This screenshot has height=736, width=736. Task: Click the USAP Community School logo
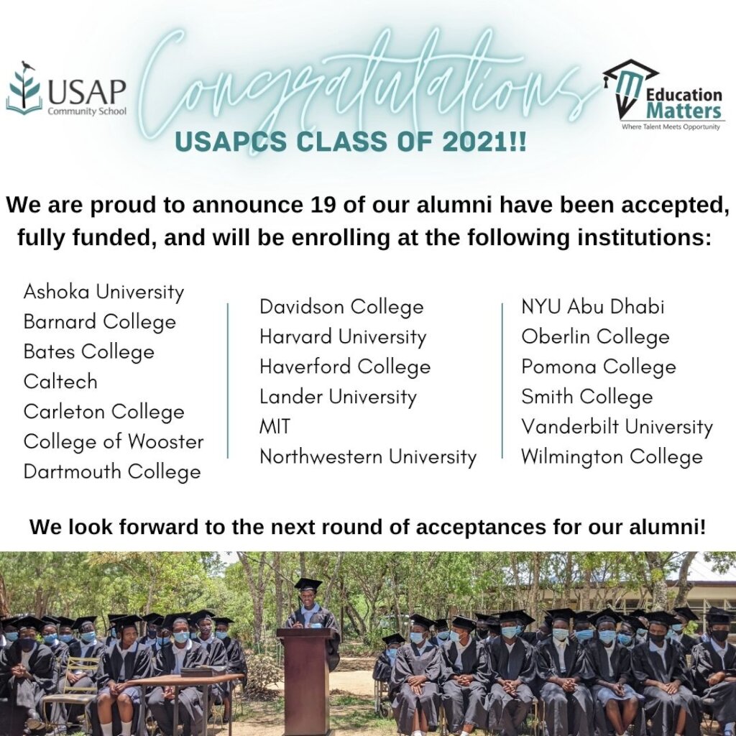[66, 88]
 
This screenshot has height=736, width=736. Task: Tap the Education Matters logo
[663, 95]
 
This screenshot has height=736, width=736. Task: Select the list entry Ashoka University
[103, 292]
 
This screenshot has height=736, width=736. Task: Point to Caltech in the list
[60, 382]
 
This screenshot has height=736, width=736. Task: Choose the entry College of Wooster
[114, 442]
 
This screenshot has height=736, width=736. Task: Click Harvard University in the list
[343, 337]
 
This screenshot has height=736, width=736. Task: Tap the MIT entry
[275, 427]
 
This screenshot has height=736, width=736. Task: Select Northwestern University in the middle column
[368, 456]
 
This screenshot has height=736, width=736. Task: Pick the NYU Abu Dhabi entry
[593, 307]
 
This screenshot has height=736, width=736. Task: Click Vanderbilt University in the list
[617, 427]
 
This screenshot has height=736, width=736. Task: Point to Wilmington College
[612, 457]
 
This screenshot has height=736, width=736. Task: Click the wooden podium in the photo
[308, 681]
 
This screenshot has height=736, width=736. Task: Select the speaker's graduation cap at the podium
[308, 585]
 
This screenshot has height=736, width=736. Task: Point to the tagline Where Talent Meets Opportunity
[671, 126]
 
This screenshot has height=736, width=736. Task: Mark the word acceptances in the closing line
[480, 527]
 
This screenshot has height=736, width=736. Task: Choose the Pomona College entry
[599, 367]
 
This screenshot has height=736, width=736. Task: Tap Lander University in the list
[338, 397]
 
